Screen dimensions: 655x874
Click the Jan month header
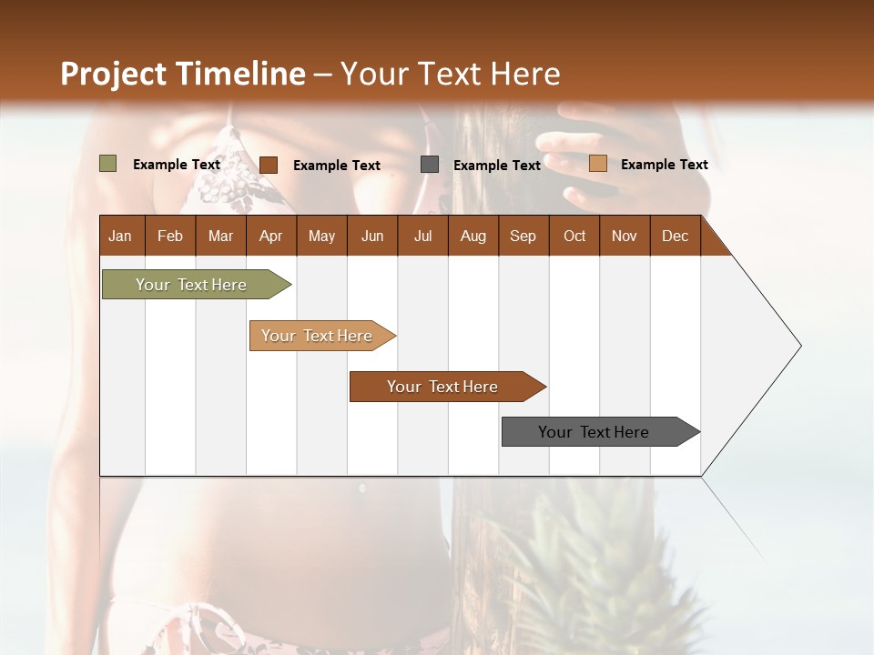coord(121,236)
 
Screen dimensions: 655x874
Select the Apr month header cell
coord(271,236)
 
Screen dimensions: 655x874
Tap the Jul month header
coord(422,236)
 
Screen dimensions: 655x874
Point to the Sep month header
coord(523,236)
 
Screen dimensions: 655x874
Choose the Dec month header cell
coord(675,236)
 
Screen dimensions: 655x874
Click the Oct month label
coord(574,236)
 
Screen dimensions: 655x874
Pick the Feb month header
coord(170,236)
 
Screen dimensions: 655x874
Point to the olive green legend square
coord(108,164)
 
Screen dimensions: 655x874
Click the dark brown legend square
coord(269,165)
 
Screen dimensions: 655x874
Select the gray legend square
coord(430,165)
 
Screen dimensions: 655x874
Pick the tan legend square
coord(598,164)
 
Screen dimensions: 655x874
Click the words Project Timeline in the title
coord(182,74)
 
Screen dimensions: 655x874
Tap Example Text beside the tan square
coord(664,165)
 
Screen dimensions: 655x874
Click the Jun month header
coord(372,236)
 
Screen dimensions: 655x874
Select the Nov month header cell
coord(625,236)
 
